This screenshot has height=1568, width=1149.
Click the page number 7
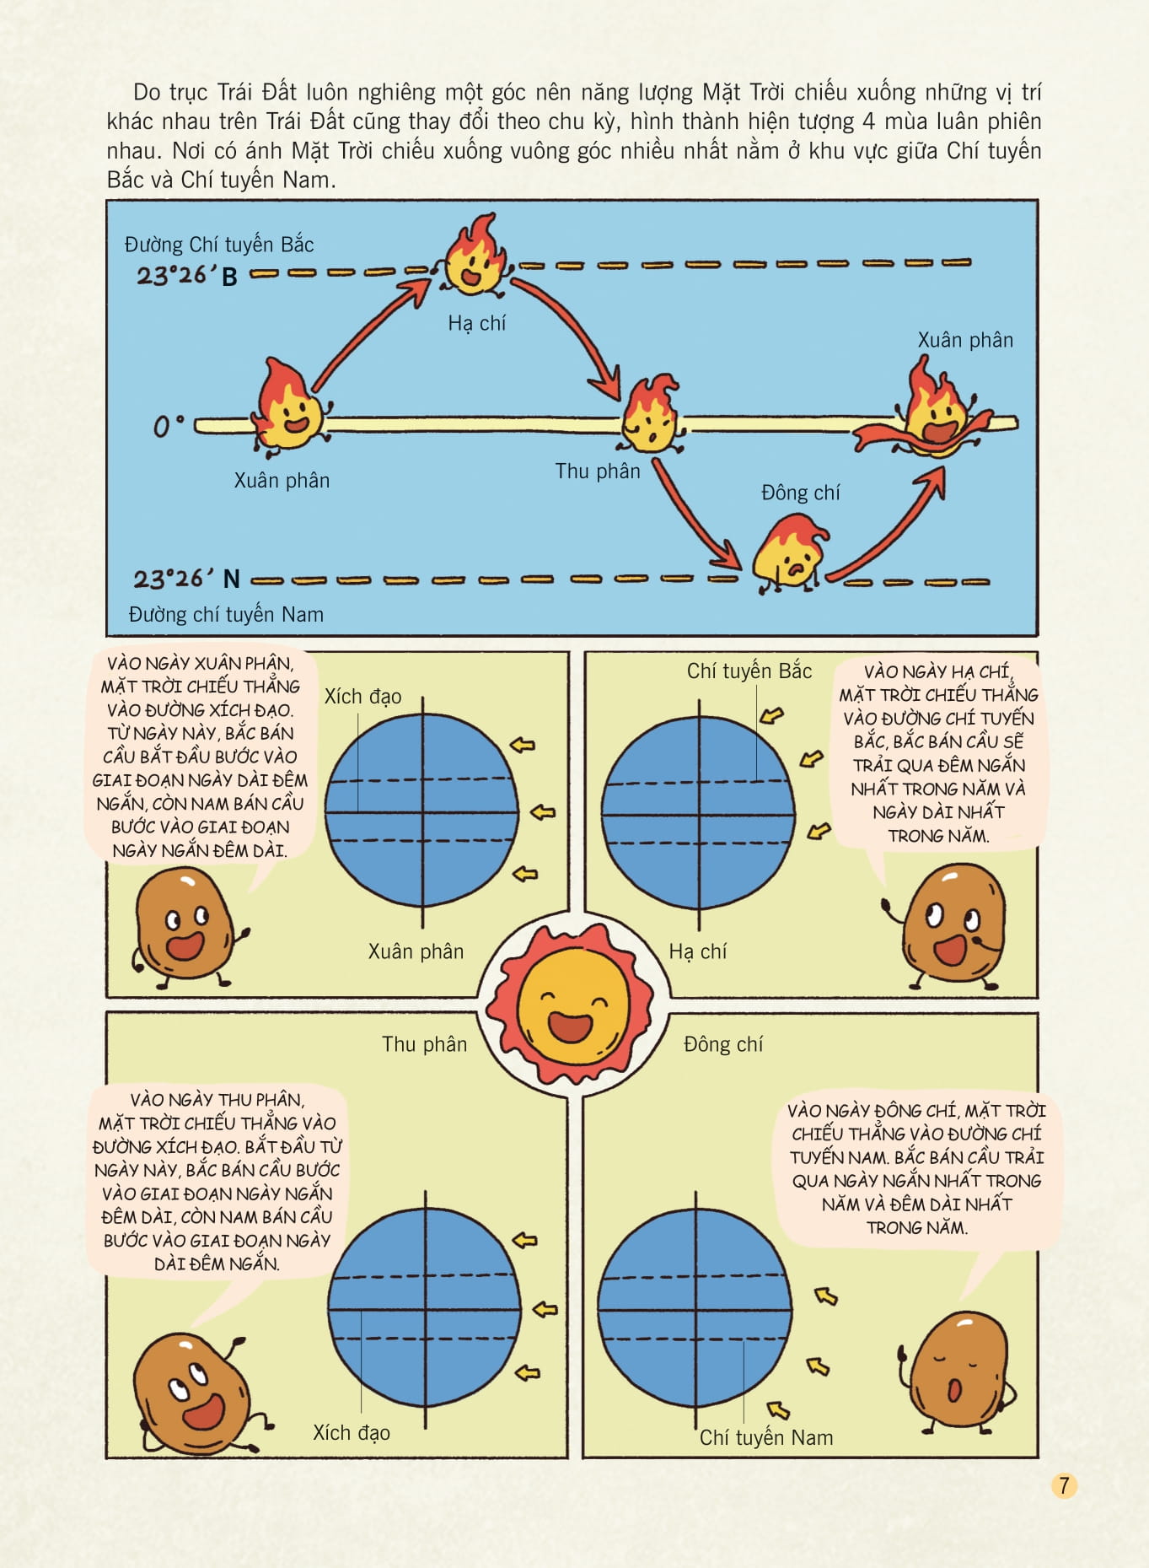pos(1064,1485)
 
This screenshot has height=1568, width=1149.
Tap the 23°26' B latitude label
pos(187,275)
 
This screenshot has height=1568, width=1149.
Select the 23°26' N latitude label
pos(186,579)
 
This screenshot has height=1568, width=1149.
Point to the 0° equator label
pos(168,426)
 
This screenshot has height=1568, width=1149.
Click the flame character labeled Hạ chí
pos(475,257)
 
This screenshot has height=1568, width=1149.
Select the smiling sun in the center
pos(574,1003)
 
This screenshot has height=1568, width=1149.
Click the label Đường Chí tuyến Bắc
pos(219,245)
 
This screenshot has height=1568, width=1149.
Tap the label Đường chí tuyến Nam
pos(226,614)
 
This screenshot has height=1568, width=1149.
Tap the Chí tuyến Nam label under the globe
pos(765,1437)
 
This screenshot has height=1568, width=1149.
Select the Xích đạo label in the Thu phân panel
pos(352,1432)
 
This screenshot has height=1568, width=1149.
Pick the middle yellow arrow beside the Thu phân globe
pos(546,1309)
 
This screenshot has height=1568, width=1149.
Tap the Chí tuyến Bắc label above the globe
pos(749,671)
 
